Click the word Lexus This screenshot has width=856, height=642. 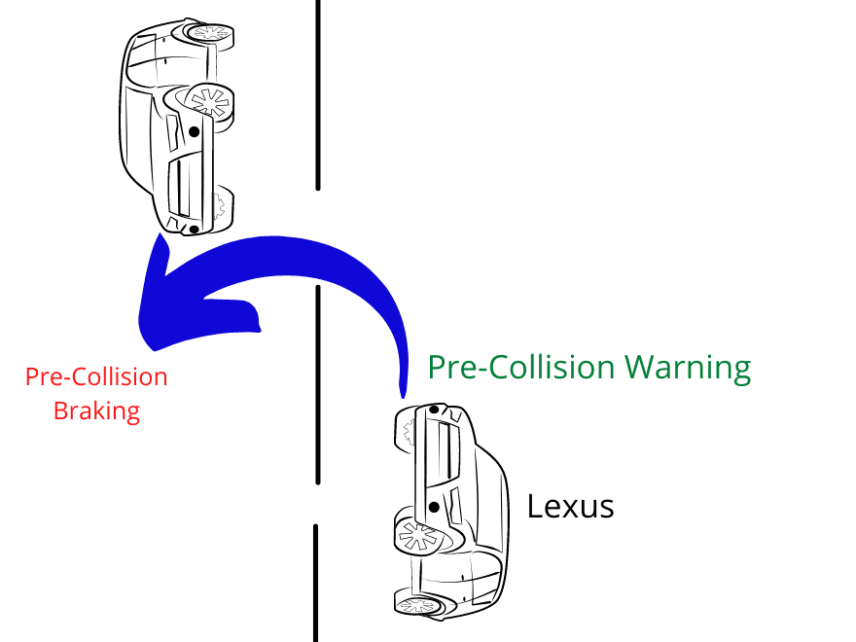(570, 506)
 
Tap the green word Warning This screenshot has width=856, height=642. (688, 368)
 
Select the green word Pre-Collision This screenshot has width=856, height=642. (521, 367)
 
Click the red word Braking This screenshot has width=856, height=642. (96, 411)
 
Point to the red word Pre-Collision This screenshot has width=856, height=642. (96, 376)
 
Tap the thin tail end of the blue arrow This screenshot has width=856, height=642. (403, 395)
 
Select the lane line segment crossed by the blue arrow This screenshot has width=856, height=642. (318, 384)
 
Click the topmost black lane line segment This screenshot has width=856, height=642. (318, 95)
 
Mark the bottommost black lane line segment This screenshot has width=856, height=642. (315, 583)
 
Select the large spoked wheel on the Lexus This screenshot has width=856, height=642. (418, 536)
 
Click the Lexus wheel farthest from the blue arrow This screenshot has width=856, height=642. (418, 605)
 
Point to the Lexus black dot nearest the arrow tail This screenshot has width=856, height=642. (434, 409)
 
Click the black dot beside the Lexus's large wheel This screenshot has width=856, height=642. (434, 507)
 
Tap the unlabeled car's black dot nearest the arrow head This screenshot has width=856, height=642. (194, 230)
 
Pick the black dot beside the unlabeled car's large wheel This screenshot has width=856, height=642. (194, 131)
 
